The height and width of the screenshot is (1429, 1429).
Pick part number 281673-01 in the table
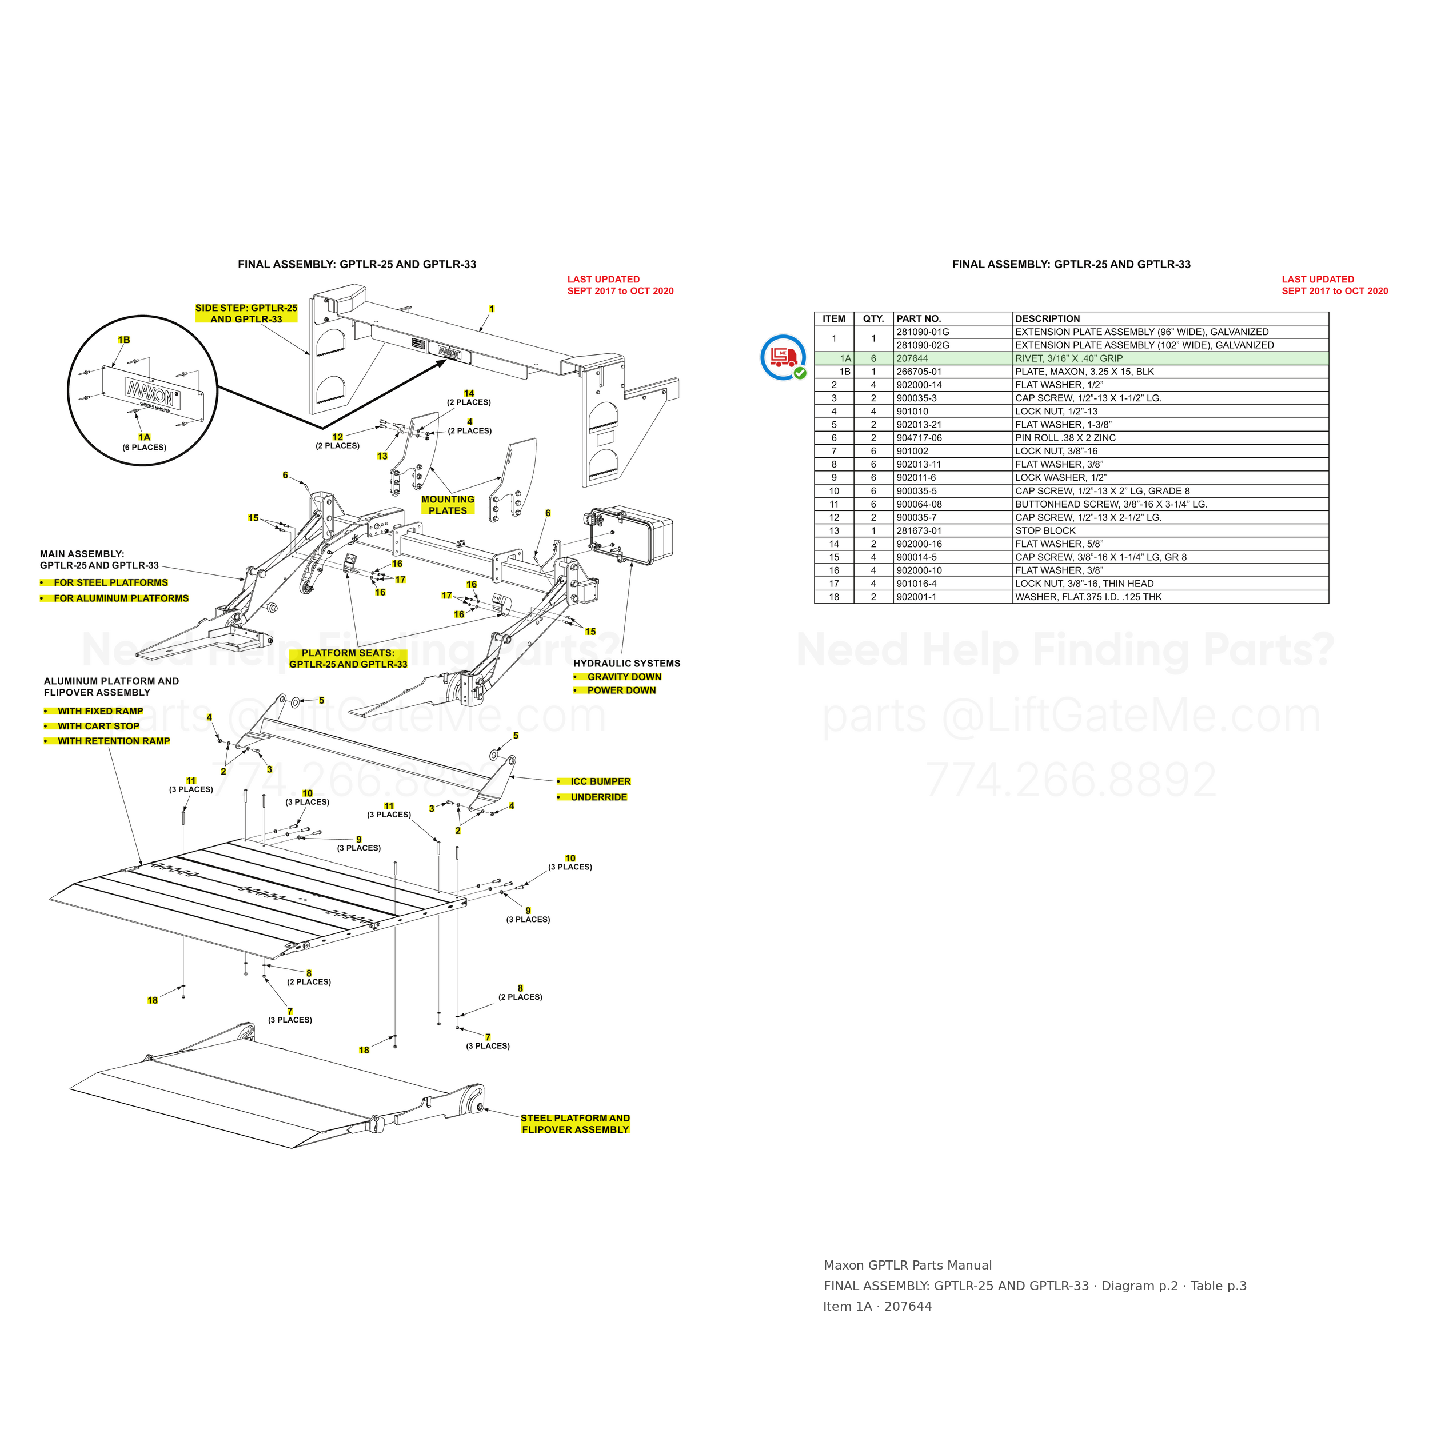919,531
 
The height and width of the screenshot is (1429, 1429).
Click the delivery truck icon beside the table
783,357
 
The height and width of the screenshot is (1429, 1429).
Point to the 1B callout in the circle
124,340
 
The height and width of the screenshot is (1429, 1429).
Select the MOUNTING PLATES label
448,505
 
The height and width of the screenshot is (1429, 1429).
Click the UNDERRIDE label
599,797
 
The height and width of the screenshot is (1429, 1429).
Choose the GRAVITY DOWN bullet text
624,677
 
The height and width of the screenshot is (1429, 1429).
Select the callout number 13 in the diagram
382,456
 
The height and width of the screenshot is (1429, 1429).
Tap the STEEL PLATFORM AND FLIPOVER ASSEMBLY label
576,1124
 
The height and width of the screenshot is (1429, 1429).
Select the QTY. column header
873,319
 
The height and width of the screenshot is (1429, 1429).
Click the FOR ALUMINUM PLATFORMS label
121,598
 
